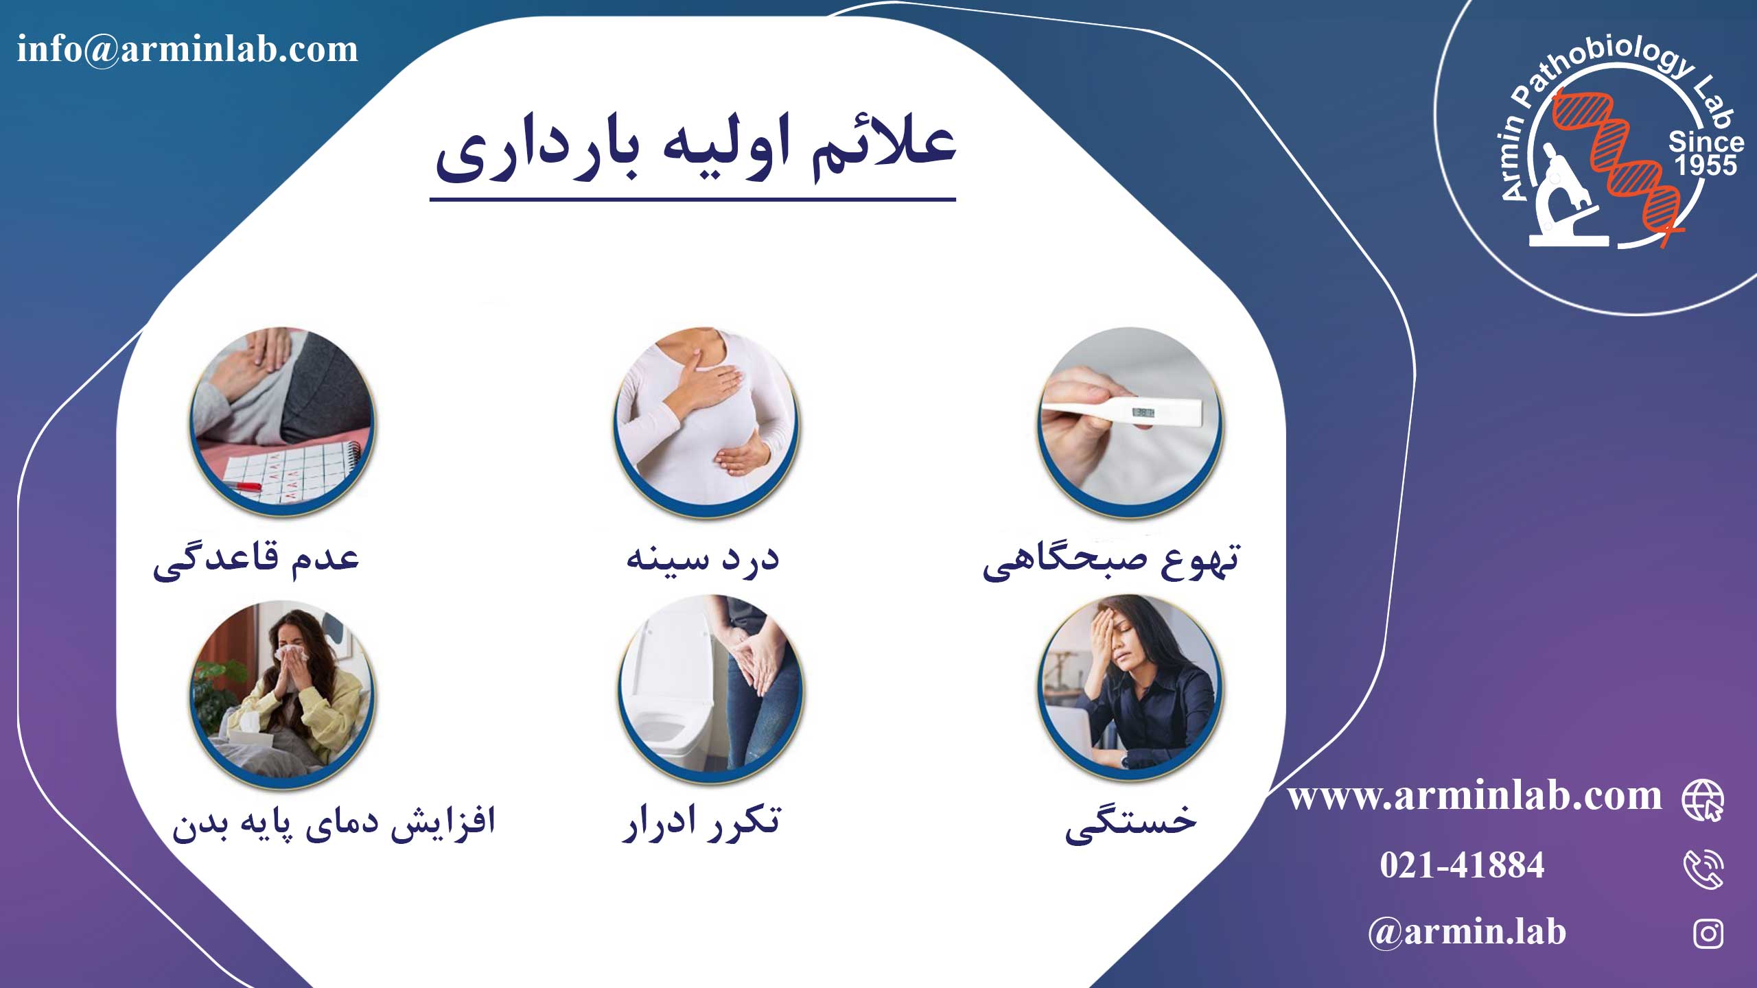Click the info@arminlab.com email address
click(x=187, y=49)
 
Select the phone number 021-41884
click(x=1462, y=864)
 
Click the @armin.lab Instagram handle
click(x=1467, y=932)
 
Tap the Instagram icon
click(x=1708, y=933)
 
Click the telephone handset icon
click(x=1703, y=869)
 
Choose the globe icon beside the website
click(x=1703, y=800)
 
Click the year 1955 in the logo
click(x=1706, y=165)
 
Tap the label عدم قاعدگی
click(x=256, y=559)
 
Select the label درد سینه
click(x=703, y=558)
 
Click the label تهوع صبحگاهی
click(x=1111, y=561)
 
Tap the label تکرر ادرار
click(x=701, y=821)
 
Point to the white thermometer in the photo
click(x=1121, y=413)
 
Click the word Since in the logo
click(x=1706, y=142)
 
